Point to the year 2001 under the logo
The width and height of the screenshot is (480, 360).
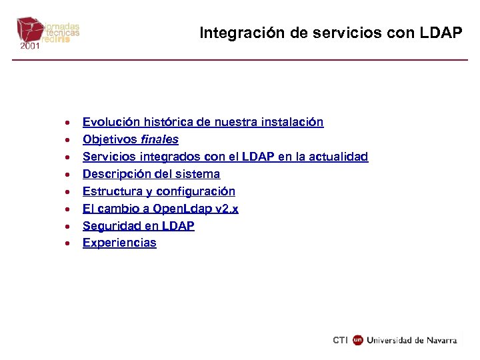coord(29,47)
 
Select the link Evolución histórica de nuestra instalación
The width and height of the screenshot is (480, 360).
coord(203,122)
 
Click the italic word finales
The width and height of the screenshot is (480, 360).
coord(159,139)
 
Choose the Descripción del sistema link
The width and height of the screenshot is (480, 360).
coord(151,174)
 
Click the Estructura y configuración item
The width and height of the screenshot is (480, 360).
coord(159,191)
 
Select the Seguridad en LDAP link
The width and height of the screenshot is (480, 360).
coord(138,226)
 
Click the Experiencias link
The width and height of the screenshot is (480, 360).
coord(119,243)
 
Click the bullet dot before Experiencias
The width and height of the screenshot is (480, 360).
coord(67,244)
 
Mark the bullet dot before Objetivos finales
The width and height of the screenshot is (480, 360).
coord(67,140)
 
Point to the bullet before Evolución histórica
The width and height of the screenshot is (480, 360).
coord(67,123)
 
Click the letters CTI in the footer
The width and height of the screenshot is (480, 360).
coord(340,340)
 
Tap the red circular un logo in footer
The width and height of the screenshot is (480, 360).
coord(358,340)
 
